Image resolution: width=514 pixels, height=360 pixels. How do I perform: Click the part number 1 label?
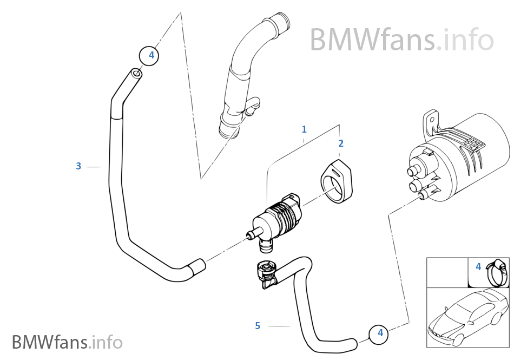[304, 129]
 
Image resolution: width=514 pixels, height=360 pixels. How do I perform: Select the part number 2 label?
[341, 143]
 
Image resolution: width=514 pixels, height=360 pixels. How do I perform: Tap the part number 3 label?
[78, 166]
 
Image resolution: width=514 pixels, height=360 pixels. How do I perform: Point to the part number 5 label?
[258, 325]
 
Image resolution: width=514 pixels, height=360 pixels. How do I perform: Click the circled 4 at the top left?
[151, 55]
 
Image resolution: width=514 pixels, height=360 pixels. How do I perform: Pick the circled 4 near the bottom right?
[380, 333]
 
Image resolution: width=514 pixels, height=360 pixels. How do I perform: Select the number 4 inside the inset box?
[478, 266]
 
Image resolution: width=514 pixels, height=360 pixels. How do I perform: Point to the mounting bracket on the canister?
[431, 123]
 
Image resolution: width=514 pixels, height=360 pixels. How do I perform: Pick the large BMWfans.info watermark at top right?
[401, 40]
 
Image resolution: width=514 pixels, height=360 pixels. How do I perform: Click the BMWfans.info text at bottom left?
[67, 342]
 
